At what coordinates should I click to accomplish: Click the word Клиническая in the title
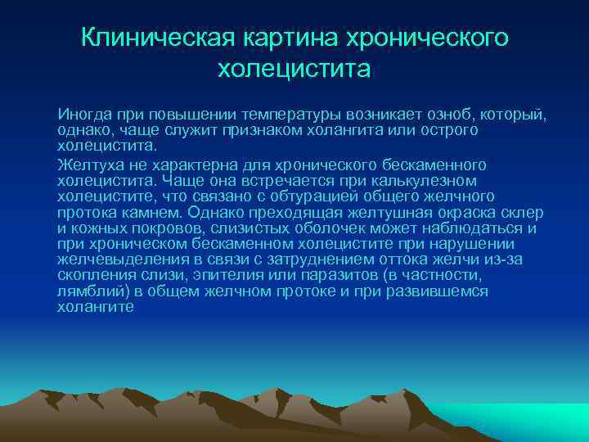[x=155, y=38]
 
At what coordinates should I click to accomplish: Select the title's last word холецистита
[x=294, y=69]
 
